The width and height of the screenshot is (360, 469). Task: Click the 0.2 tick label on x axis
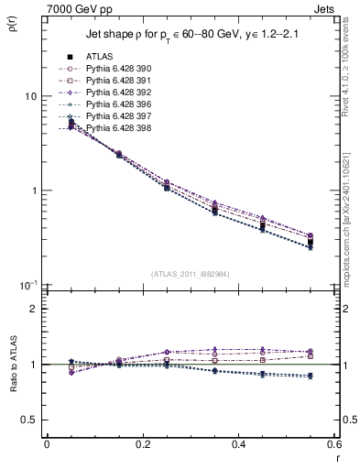click(x=142, y=444)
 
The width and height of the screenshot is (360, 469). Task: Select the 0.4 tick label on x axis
click(x=239, y=444)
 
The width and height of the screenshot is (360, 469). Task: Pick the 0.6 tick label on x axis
click(x=334, y=444)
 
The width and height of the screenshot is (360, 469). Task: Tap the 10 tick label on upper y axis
click(x=29, y=96)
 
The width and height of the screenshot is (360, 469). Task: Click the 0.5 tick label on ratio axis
click(x=29, y=420)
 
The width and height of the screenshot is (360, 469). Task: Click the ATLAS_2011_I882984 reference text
click(x=190, y=274)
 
